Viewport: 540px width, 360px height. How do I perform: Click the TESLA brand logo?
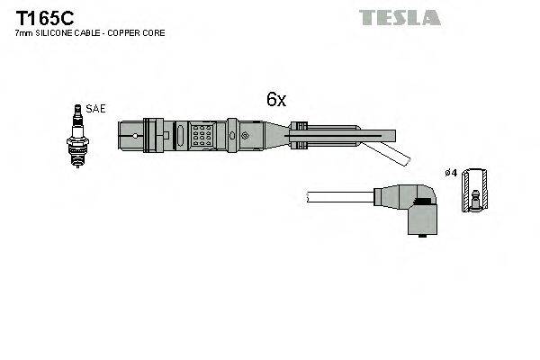click(400, 17)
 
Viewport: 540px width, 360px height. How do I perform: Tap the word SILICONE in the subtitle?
click(55, 33)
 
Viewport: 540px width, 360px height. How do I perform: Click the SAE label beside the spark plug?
click(96, 109)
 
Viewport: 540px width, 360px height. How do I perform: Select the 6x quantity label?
click(275, 101)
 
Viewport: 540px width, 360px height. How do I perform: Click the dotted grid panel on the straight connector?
click(202, 137)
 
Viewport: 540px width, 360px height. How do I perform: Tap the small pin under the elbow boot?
click(421, 239)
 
